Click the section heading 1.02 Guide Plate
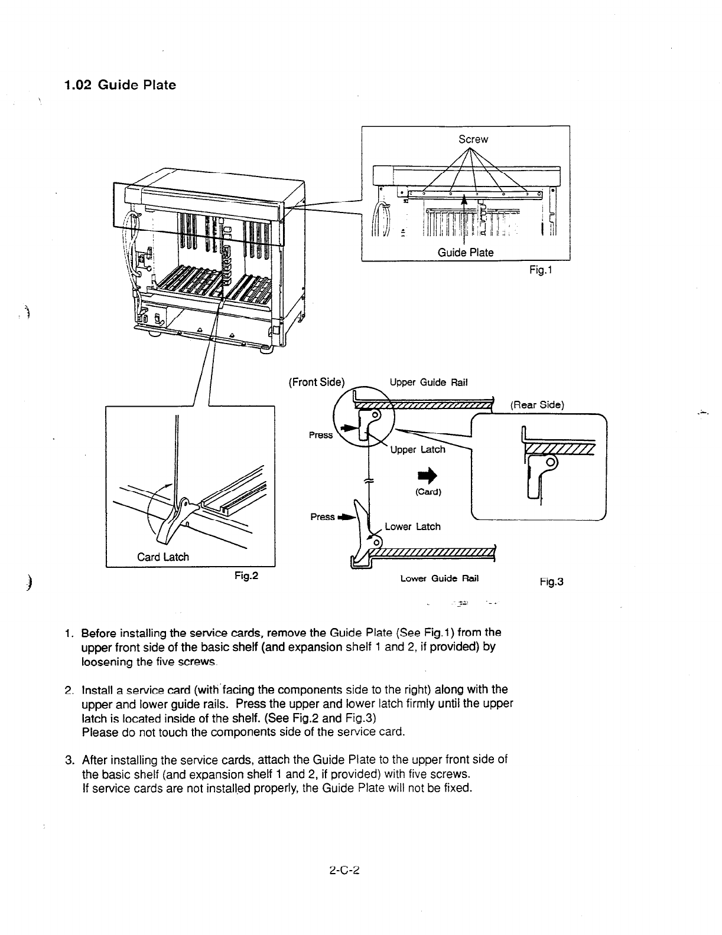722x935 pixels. coord(120,85)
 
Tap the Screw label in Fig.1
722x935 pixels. coord(473,139)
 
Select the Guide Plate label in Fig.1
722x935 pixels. coord(465,253)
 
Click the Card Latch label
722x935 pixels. coord(163,557)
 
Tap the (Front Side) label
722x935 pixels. coord(316,381)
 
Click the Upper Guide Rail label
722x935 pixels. coord(428,382)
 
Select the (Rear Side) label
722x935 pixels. coord(536,405)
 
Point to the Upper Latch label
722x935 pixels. coord(418,450)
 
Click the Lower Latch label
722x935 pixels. coord(412,527)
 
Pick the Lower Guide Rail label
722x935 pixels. coord(439,578)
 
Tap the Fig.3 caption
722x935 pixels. coord(551,582)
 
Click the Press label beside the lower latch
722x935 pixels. coord(323,517)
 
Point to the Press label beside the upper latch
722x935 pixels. coord(321,435)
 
